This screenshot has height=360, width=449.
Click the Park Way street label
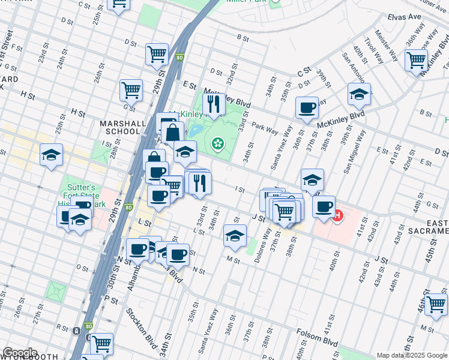[265, 127]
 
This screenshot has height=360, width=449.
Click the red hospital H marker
[337, 215]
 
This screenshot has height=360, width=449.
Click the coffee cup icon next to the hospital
[324, 207]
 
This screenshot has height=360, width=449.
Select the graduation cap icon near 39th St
[359, 94]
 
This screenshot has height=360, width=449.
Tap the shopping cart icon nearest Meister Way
[416, 60]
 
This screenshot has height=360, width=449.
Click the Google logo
[20, 353]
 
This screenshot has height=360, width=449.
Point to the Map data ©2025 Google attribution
[412, 355]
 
